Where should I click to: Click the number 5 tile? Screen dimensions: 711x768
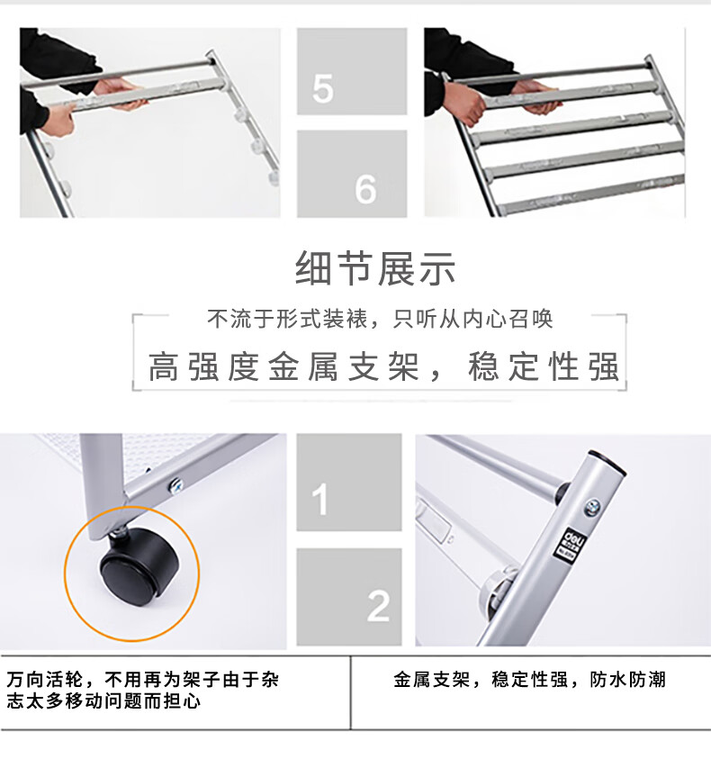[352, 71]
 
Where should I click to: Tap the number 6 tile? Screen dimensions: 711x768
[352, 174]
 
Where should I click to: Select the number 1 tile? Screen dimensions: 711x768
[349, 482]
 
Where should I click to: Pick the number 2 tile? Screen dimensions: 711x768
[349, 597]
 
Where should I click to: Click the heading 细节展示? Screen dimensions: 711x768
[375, 268]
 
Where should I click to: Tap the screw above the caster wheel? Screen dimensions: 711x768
[175, 486]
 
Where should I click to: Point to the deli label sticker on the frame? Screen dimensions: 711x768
[570, 543]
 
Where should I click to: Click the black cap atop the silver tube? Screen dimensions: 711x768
[607, 462]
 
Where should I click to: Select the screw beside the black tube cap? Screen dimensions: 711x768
[592, 508]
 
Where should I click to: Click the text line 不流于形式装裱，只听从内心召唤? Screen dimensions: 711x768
[380, 319]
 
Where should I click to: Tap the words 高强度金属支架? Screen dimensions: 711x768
[283, 366]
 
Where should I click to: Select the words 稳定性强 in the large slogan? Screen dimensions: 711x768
[544, 366]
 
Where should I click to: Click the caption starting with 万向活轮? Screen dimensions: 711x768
[143, 691]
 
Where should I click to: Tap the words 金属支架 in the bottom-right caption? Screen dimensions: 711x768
[431, 680]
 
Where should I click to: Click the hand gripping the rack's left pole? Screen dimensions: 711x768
[58, 119]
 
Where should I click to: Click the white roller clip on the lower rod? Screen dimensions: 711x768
[496, 589]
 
